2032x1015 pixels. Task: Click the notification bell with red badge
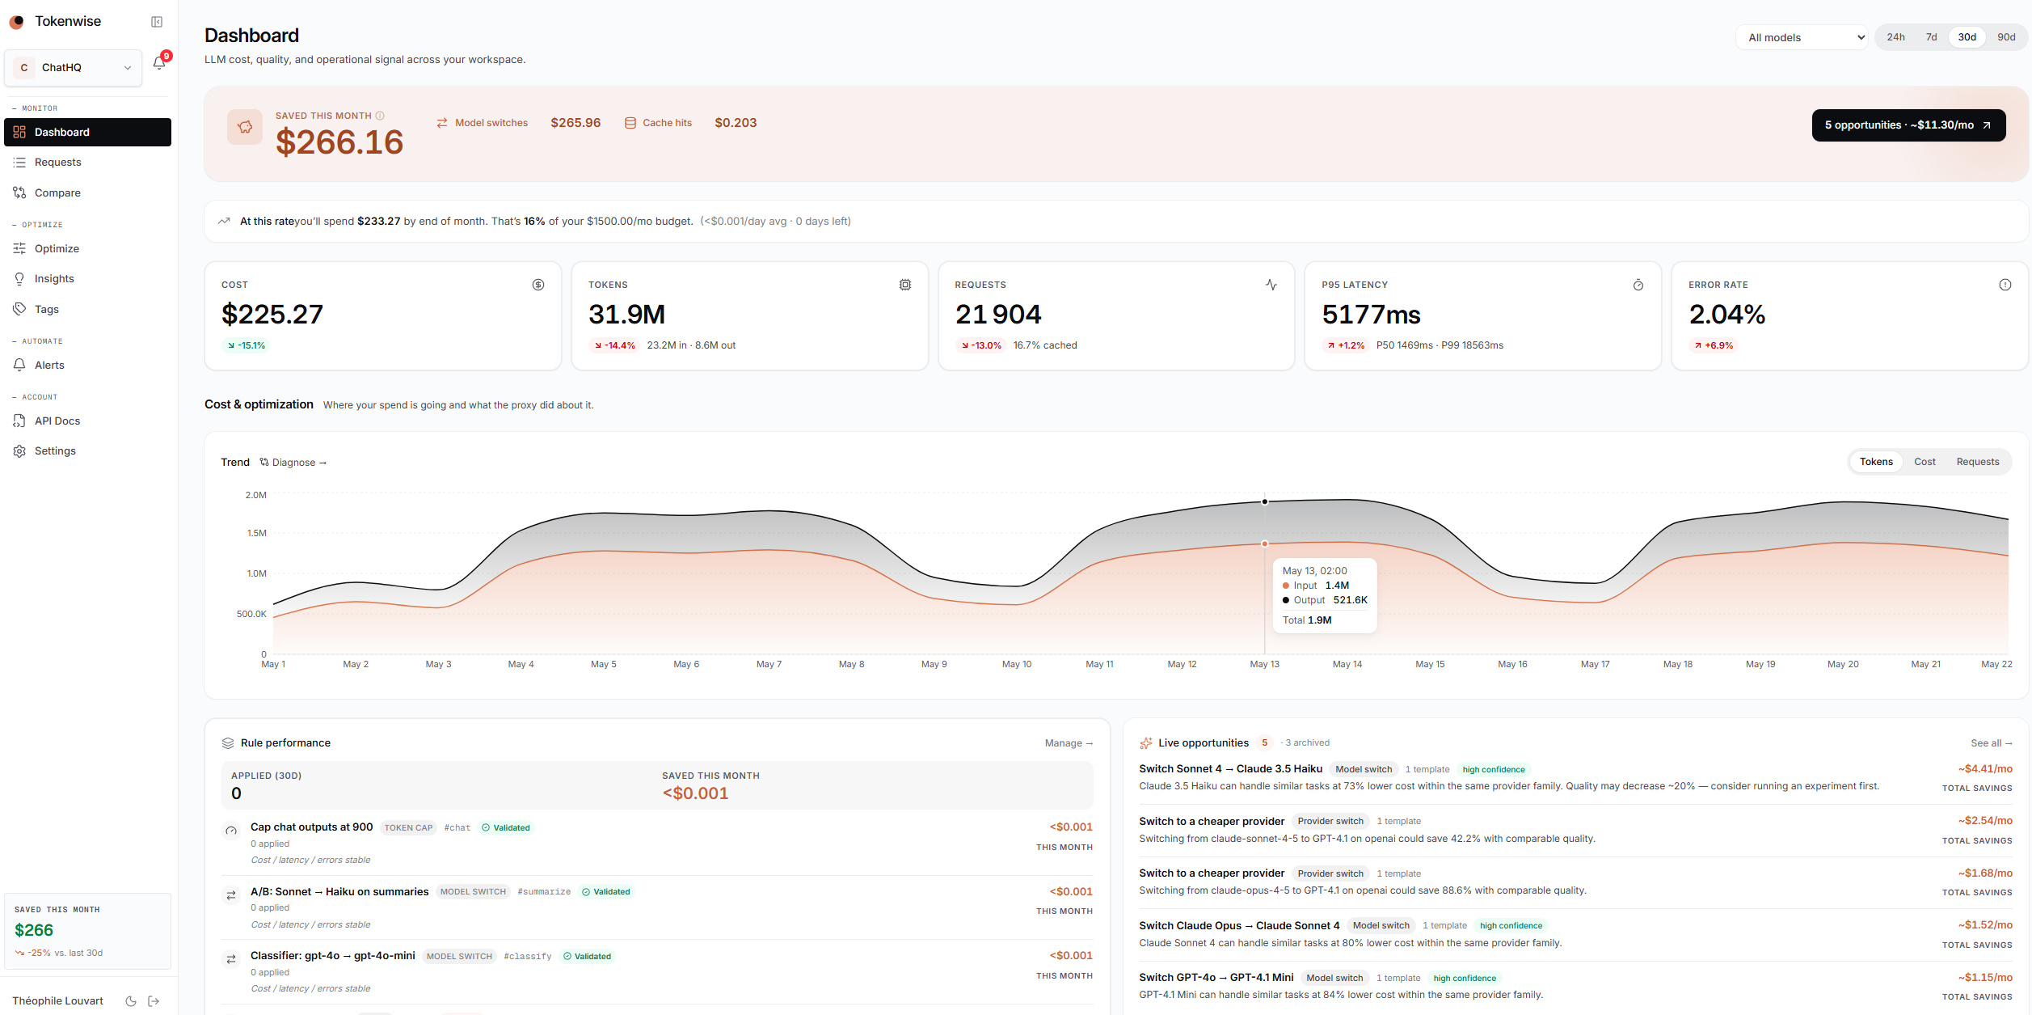point(160,63)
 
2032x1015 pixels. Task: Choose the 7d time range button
point(1931,37)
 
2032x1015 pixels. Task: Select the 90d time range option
point(2006,37)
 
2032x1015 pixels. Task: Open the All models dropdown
point(1801,37)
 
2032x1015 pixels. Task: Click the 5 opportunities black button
point(1908,125)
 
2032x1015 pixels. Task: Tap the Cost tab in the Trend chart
point(1924,462)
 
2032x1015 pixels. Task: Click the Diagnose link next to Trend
point(293,463)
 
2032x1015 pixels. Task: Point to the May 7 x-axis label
point(769,664)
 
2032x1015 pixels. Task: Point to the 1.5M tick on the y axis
point(256,533)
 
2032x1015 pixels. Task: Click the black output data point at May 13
point(1265,501)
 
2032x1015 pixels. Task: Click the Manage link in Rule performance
point(1069,743)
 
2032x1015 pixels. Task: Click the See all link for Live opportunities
point(1991,743)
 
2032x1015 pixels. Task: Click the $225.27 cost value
point(272,315)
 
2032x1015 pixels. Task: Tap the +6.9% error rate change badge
point(1714,345)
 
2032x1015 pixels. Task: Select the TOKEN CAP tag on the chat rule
point(408,827)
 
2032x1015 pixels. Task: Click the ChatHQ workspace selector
point(74,68)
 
